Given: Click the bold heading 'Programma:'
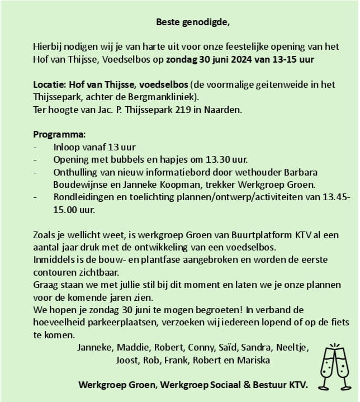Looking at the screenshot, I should coord(59,135).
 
